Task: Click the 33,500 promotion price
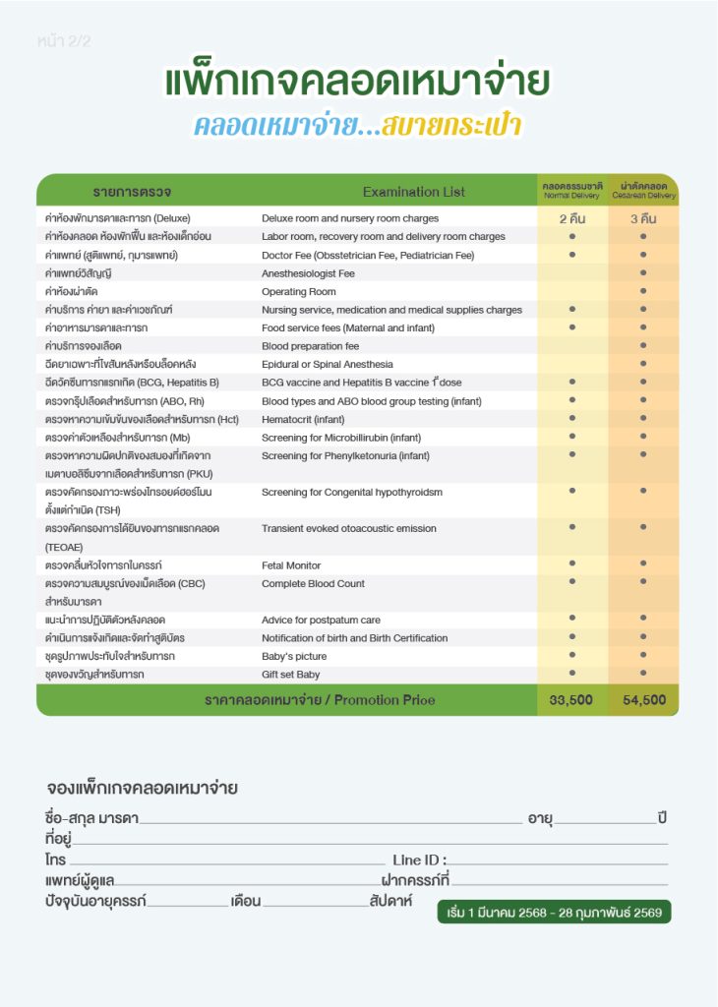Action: pos(571,700)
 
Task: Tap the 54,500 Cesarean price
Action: pos(643,700)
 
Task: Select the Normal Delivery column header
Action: pos(571,190)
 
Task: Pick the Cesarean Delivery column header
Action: pos(643,190)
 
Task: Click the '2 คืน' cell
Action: pos(571,218)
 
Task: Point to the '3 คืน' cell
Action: pos(643,218)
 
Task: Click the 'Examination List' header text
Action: pos(413,192)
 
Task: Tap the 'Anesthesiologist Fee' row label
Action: pos(308,273)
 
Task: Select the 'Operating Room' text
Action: pos(298,292)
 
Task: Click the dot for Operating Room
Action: pos(643,291)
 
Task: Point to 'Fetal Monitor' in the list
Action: pos(293,565)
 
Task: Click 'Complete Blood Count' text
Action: pos(313,583)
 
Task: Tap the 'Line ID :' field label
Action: pos(419,860)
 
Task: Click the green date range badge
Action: pos(555,913)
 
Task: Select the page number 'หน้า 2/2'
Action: pos(64,42)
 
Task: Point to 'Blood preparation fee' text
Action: pos(310,346)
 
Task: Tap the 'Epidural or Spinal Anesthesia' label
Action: pos(327,364)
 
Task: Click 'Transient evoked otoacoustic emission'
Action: pos(348,528)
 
